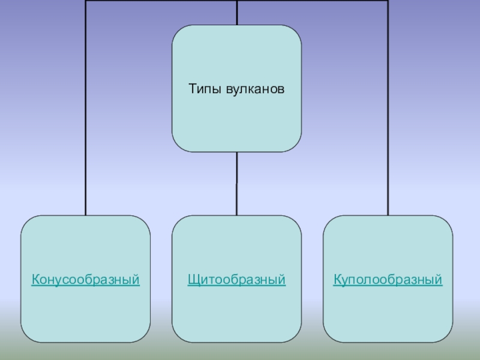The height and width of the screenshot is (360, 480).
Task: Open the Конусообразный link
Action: pyautogui.click(x=86, y=280)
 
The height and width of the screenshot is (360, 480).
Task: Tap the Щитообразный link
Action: pyautogui.click(x=236, y=280)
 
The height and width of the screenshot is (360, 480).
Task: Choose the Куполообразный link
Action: pyautogui.click(x=388, y=280)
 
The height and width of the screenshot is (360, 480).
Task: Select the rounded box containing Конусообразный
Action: pyautogui.click(x=86, y=312)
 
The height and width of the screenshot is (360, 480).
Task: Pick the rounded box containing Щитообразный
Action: pyautogui.click(x=236, y=312)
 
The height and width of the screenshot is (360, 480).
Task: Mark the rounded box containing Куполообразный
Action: pyautogui.click(x=388, y=312)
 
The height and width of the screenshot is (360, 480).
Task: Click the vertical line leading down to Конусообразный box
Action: pyautogui.click(x=86, y=120)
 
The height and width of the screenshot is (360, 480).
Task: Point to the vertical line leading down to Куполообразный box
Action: pyautogui.click(x=388, y=120)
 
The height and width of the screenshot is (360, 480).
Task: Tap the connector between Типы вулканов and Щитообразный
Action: pyautogui.click(x=236, y=183)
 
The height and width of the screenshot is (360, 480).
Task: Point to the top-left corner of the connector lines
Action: pyautogui.click(x=86, y=1)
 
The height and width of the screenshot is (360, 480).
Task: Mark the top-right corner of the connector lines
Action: pyautogui.click(x=388, y=1)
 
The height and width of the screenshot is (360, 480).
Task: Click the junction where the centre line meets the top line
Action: pyautogui.click(x=236, y=1)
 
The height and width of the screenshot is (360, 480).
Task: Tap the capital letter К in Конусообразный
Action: pyautogui.click(x=35, y=280)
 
